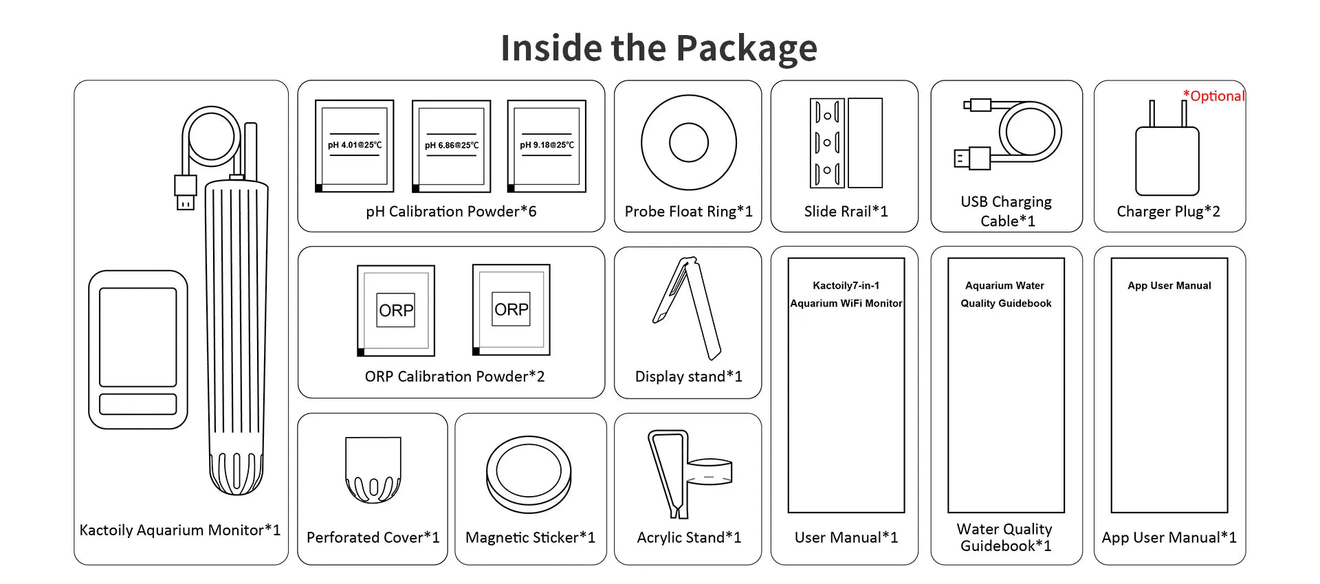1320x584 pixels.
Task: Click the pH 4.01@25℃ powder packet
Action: [x=354, y=146]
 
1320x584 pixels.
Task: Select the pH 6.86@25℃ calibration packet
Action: [x=451, y=146]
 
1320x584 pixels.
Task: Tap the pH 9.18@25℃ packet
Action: [x=547, y=146]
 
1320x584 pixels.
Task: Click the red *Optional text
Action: [x=1213, y=96]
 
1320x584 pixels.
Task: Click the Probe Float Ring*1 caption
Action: [x=688, y=212]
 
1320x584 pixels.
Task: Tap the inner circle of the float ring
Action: [x=688, y=143]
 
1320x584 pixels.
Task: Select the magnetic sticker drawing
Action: [x=529, y=474]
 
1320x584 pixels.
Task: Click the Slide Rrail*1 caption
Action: [x=846, y=212]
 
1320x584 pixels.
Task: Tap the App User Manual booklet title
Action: [x=1169, y=286]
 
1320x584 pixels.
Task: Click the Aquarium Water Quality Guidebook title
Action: [x=1005, y=294]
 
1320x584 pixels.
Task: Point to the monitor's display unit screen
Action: [x=137, y=337]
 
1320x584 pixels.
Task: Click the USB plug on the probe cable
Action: [x=185, y=192]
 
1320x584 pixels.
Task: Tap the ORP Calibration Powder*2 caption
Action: [x=454, y=377]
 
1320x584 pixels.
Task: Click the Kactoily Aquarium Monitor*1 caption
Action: [x=179, y=530]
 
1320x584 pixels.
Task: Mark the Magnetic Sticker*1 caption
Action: [x=530, y=537]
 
